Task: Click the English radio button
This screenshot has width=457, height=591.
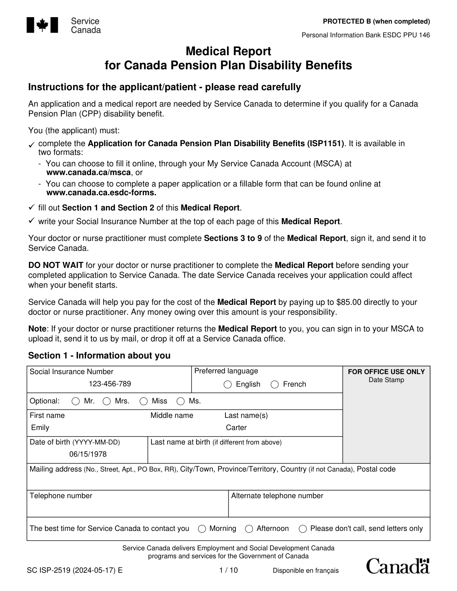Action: (x=227, y=384)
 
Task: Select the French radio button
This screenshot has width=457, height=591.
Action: (x=275, y=384)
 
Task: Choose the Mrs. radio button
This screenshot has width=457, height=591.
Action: (x=107, y=401)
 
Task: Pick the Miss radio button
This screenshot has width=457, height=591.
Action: (x=144, y=401)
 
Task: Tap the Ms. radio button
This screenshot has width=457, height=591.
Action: (x=181, y=401)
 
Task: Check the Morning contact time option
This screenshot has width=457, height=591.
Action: (x=202, y=529)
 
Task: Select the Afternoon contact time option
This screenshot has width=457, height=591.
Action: (x=249, y=529)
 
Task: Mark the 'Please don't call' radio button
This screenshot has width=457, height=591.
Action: (x=303, y=529)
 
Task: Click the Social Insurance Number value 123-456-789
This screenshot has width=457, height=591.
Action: (x=110, y=384)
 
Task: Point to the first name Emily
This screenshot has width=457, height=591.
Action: (x=40, y=427)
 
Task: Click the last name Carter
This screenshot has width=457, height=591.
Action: (x=236, y=427)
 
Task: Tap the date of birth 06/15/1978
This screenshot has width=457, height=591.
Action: (x=88, y=454)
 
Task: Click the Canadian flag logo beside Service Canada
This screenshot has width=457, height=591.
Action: (x=42, y=25)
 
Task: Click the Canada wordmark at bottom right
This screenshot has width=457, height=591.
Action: (x=398, y=566)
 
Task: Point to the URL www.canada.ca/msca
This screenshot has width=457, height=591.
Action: (x=88, y=172)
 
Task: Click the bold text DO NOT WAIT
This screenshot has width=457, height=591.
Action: (x=56, y=265)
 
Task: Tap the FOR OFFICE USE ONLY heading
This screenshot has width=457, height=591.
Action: (x=386, y=372)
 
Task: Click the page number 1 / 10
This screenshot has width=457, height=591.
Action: (x=228, y=570)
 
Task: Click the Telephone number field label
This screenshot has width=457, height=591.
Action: (x=61, y=495)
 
